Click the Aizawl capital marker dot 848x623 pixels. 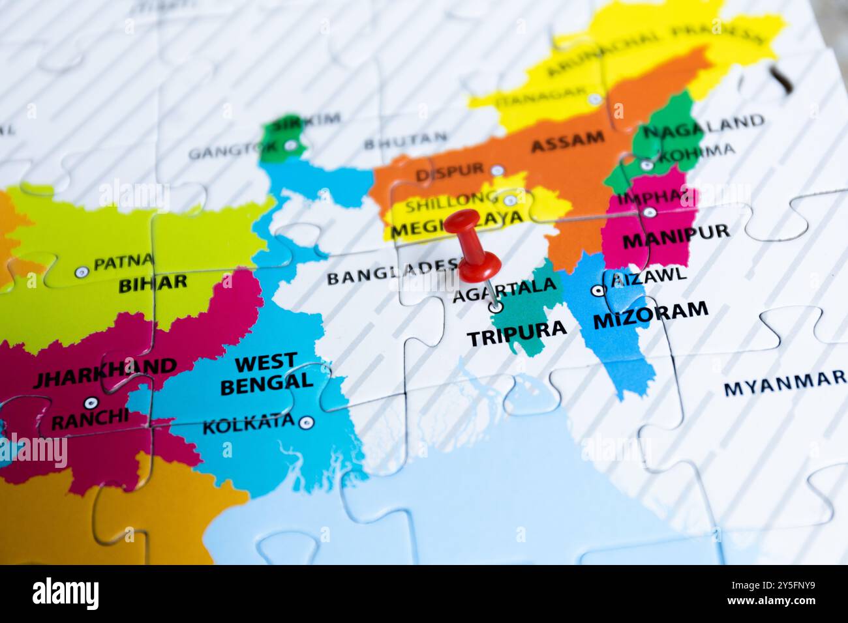point(597,291)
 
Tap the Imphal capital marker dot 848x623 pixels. point(649,212)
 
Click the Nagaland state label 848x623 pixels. point(703,126)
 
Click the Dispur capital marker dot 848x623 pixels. point(497,170)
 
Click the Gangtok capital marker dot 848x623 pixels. point(290,145)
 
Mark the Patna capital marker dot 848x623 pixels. point(81,272)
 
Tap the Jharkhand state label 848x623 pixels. point(105,373)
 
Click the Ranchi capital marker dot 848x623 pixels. point(91,403)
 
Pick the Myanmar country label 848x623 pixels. point(784,384)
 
